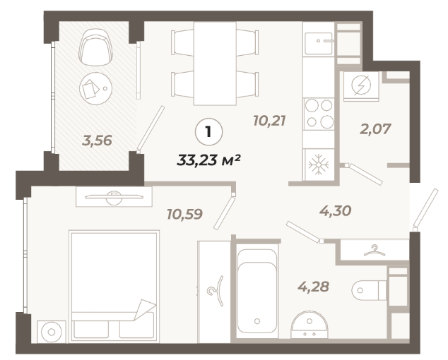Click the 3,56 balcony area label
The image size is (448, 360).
tap(97, 140)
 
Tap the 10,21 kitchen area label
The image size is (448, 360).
tap(269, 121)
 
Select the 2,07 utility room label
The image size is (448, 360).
tap(375, 129)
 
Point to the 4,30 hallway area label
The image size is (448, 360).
tap(335, 211)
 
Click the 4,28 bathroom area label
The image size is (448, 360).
tap(314, 287)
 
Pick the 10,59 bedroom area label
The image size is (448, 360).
tap(185, 214)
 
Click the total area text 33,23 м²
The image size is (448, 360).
tap(208, 160)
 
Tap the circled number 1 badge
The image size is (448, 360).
tap(208, 132)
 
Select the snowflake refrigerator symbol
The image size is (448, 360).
tap(318, 164)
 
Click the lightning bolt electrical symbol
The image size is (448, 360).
tap(361, 85)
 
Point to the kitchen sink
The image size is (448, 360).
tap(319, 43)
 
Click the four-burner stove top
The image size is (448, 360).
tap(319, 114)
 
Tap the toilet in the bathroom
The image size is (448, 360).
tap(369, 290)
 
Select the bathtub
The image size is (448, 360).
tap(257, 291)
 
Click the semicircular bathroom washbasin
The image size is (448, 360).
tap(310, 325)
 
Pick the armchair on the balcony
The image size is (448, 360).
tap(95, 47)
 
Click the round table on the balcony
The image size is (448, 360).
tap(95, 88)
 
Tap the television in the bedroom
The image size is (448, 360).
tap(114, 197)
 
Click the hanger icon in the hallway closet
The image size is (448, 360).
tap(375, 251)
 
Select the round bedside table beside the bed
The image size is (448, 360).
tap(52, 332)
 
